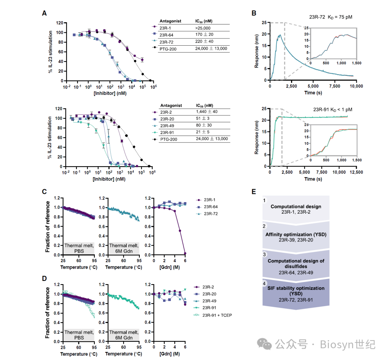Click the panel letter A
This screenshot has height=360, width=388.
pos(44,13)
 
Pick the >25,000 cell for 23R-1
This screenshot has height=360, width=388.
pos(203,28)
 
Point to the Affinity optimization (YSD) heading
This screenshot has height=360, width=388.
pos(295,235)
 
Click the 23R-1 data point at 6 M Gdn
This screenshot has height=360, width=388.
pos(185,253)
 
